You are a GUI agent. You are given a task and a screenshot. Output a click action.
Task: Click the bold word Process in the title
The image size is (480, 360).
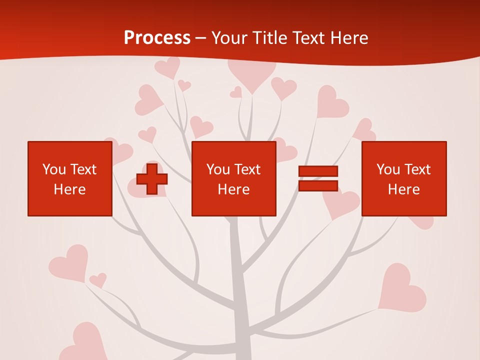pos(157,38)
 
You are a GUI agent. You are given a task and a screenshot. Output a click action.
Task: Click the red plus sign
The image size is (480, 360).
pos(152,179)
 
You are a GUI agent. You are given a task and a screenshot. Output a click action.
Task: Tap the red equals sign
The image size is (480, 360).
pos(318,178)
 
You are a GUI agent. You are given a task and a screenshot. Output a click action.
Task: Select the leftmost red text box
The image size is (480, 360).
pos(70,178)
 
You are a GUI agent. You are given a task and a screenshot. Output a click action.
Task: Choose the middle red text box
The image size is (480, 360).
pos(233,178)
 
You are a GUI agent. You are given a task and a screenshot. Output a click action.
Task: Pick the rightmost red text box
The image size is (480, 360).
pos(403,178)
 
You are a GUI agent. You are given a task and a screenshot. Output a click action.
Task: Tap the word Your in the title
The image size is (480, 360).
pos(230,38)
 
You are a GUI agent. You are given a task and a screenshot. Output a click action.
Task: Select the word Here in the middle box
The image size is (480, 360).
pos(233,189)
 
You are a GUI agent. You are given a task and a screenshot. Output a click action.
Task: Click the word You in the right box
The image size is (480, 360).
pos(388,169)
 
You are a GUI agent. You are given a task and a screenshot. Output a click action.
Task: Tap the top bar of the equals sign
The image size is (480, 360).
pos(318,171)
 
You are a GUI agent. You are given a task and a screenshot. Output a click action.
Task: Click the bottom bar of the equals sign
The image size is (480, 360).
pos(318,186)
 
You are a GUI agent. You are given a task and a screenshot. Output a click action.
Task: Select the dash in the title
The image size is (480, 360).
pos(201,38)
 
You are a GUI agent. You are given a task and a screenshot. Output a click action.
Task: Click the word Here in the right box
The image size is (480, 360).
pos(403,189)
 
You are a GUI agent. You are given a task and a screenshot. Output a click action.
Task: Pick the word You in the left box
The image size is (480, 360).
pos(54,169)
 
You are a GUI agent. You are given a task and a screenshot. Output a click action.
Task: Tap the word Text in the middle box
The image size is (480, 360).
pos(247,169)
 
